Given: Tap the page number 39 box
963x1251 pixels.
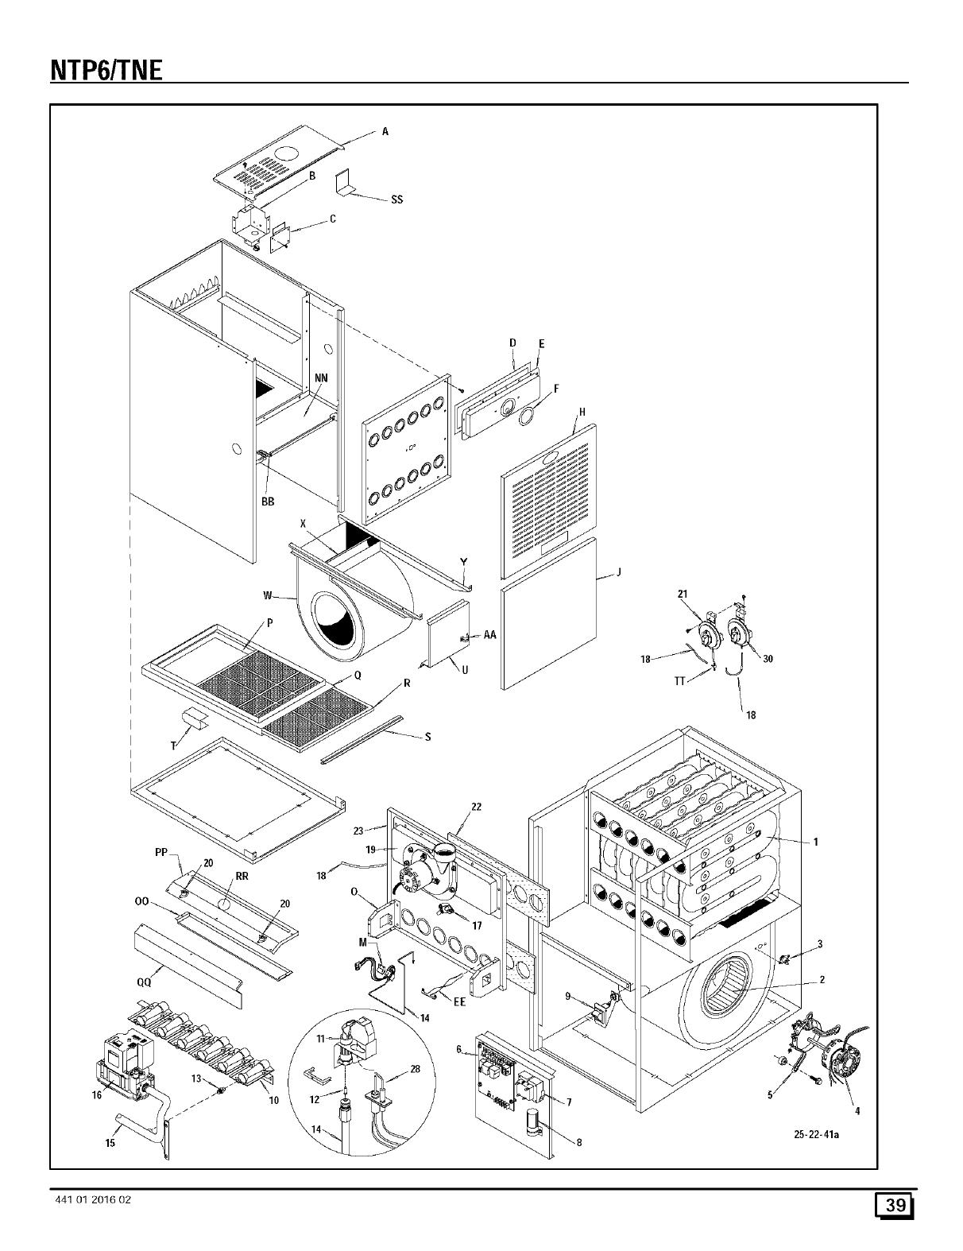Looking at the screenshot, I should (895, 1205).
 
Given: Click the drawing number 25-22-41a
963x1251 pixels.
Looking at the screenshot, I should (817, 1133).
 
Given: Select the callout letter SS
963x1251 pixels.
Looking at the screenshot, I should (396, 199).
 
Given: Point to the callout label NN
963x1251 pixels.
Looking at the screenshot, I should (322, 378).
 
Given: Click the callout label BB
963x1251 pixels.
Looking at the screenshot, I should (268, 502).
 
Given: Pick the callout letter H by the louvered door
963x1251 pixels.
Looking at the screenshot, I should (582, 412).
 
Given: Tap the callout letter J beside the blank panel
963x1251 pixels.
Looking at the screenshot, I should (618, 572).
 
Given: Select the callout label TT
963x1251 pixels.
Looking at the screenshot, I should (679, 680).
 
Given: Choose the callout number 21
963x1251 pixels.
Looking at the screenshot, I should (682, 595).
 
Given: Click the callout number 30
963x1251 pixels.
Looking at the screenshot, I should (768, 658).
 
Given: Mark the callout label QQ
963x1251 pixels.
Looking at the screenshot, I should (144, 982).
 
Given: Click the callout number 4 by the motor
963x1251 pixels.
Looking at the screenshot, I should (857, 1110).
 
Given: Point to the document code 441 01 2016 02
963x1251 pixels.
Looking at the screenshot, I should (89, 1200).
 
